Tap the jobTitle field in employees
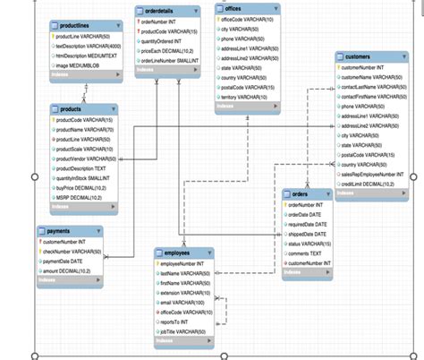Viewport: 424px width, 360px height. point(183,331)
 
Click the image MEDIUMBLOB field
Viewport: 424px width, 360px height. point(78,65)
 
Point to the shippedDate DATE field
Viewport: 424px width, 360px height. point(308,234)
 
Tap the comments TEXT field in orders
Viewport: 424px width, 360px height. point(306,253)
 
